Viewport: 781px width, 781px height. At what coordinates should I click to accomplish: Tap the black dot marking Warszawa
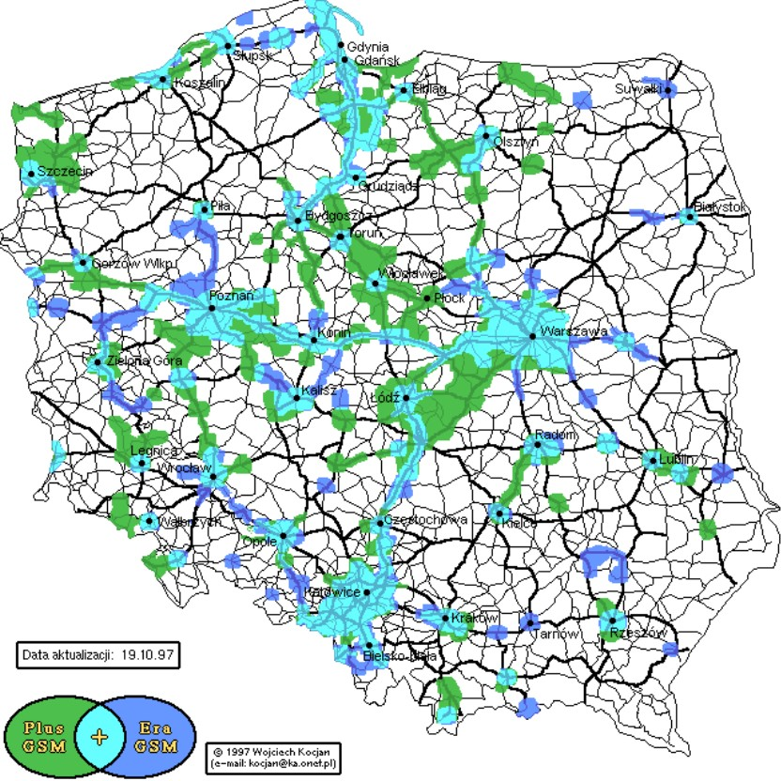pos(532,335)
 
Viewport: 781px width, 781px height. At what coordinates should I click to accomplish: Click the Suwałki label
pos(640,88)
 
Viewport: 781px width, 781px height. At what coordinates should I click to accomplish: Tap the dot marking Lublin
pos(650,460)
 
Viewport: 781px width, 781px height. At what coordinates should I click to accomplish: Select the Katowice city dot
pos(367,592)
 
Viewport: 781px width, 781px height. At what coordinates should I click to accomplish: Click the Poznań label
pos(232,296)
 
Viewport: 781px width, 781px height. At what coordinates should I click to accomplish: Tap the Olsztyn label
pos(516,141)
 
